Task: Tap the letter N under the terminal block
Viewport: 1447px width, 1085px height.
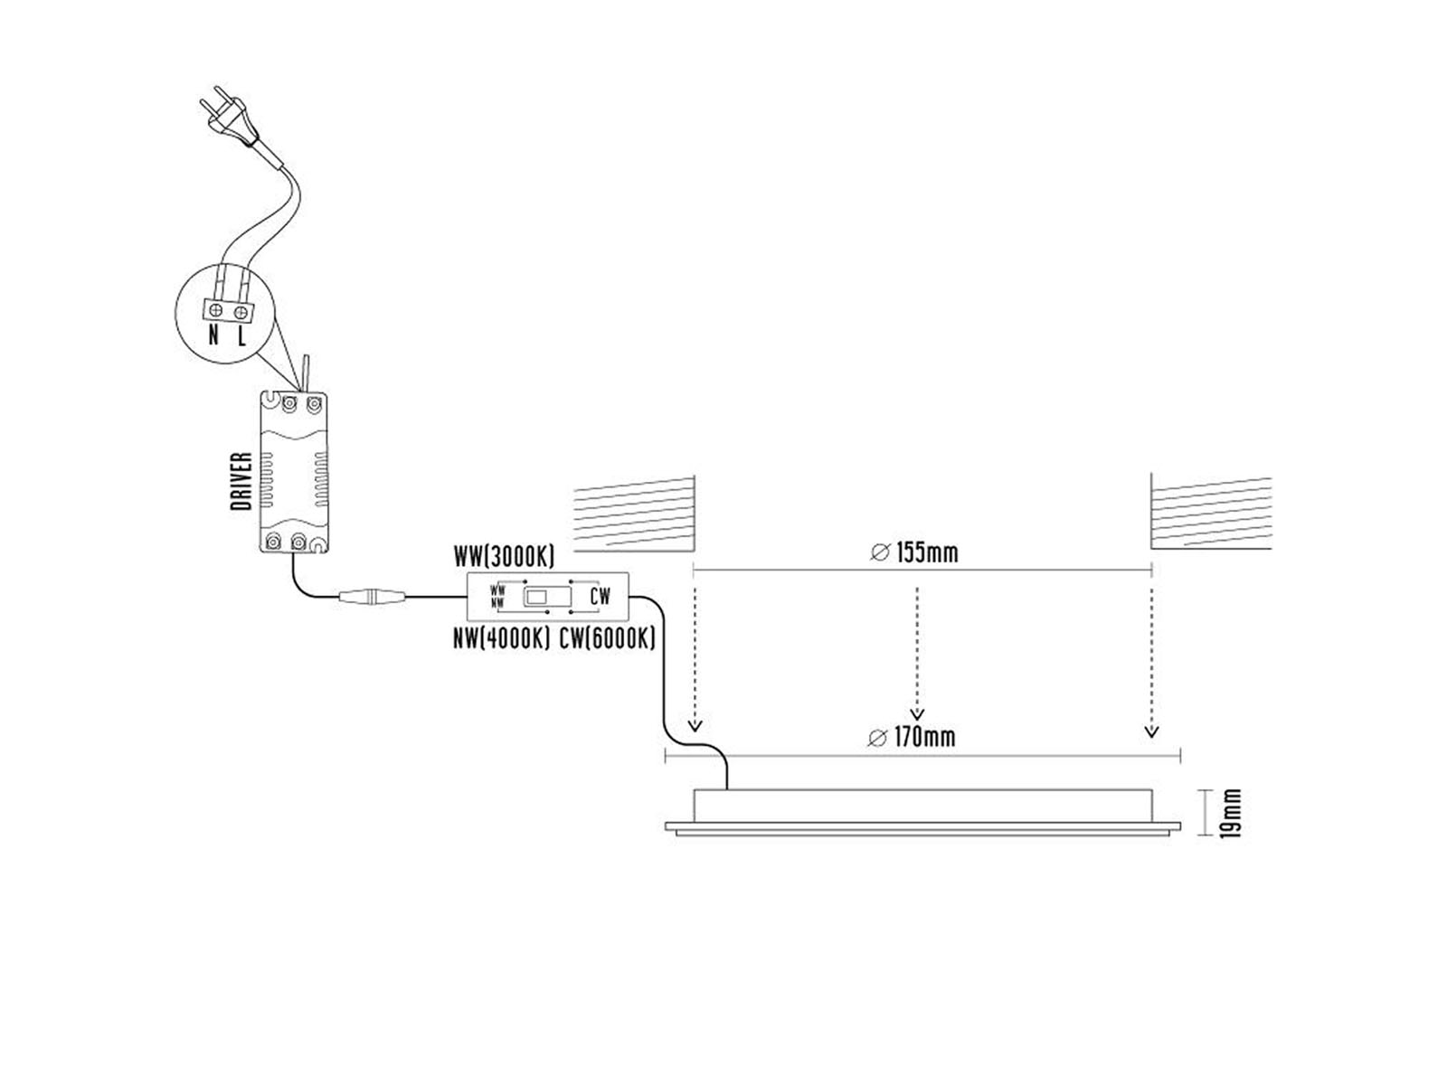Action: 213,336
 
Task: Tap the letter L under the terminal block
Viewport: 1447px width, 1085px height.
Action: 242,336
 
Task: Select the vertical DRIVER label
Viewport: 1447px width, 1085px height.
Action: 242,481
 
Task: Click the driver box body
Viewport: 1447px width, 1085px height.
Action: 294,472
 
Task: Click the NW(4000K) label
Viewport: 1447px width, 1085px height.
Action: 501,638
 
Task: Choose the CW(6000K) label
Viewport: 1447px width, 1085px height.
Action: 607,638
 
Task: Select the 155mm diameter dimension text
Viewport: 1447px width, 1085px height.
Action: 914,552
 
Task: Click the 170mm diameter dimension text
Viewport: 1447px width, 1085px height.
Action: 912,737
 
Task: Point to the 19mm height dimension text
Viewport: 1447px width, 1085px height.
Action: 1231,814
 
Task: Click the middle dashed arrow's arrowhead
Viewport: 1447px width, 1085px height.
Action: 917,714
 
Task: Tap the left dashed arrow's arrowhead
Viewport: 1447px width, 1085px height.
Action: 695,726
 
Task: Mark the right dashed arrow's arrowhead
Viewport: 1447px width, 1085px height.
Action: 1151,731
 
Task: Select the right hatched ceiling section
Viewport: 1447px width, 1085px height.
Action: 1211,511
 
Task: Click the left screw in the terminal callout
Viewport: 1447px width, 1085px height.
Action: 215,309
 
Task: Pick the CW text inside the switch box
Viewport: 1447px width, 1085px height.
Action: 600,596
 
